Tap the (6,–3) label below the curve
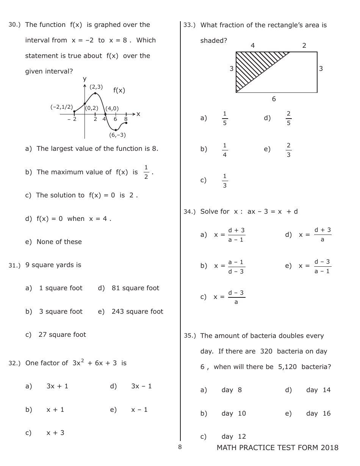click(x=117, y=135)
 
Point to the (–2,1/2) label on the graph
click(x=61, y=107)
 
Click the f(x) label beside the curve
click(x=119, y=90)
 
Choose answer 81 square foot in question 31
click(x=135, y=288)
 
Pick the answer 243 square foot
click(x=137, y=311)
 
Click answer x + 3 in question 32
click(x=55, y=433)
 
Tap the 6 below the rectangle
click(x=274, y=99)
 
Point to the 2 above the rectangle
click(x=304, y=45)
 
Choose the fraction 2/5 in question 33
click(x=288, y=118)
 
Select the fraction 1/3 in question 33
click(x=225, y=180)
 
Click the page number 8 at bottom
click(x=180, y=447)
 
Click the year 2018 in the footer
click(x=329, y=448)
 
